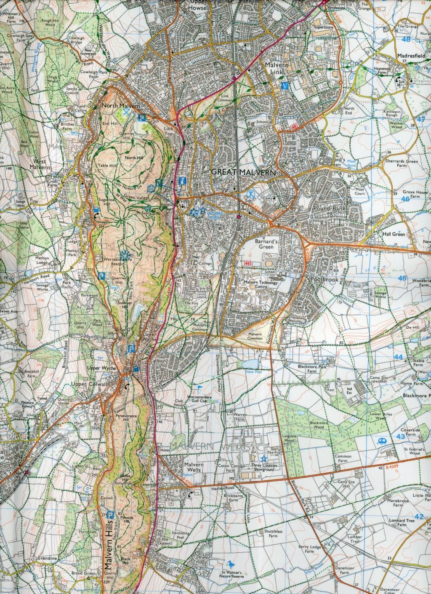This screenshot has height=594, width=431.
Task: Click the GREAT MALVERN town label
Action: pos(243,172)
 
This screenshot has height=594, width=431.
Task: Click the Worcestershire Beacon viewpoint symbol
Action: pos(125,254)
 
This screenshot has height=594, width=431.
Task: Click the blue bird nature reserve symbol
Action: pos(231,563)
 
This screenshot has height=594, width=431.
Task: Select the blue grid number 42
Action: pos(418,516)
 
